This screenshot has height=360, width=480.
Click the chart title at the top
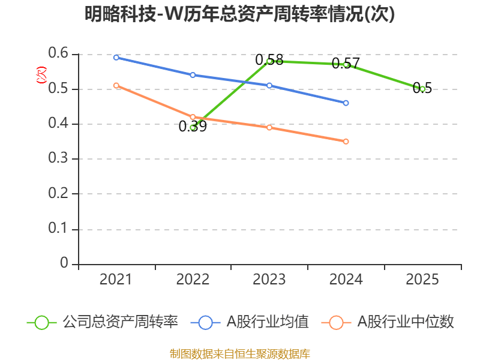coord(240,14)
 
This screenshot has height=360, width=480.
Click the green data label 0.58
coord(269,60)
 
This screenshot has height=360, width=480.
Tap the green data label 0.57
coord(346,63)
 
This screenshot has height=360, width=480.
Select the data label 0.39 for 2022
coord(193,127)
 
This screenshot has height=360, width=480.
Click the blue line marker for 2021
coord(116,58)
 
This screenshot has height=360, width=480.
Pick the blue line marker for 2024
coord(346,103)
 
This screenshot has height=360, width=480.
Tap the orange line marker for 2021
coord(116,86)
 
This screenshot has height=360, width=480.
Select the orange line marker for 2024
coord(346,142)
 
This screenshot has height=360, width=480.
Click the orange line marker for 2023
coord(269,128)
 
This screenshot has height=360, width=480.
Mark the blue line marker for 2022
coord(193,75)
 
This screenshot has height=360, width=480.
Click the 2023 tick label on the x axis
coord(269,280)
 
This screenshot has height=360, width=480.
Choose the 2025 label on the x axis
coord(422,280)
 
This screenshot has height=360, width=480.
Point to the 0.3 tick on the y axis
coord(58,160)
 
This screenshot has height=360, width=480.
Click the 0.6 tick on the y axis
coord(58,55)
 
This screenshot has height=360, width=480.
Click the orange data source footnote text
coord(240,353)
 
